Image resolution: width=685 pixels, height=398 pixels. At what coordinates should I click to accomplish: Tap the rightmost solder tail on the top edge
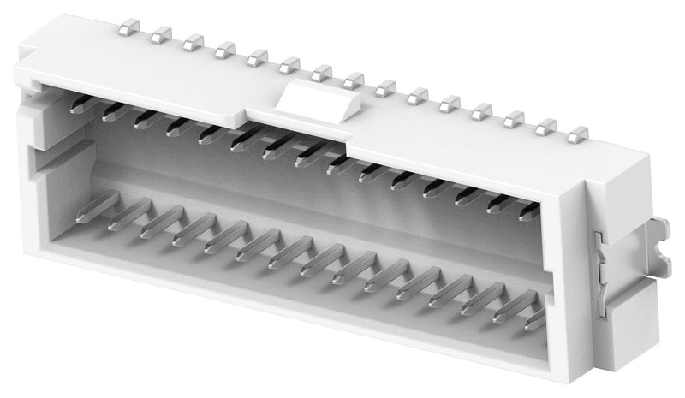coord(580,134)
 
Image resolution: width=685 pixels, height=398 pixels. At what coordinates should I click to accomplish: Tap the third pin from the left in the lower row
coord(162,222)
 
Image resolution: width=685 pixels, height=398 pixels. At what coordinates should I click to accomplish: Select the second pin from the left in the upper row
coord(113,111)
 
